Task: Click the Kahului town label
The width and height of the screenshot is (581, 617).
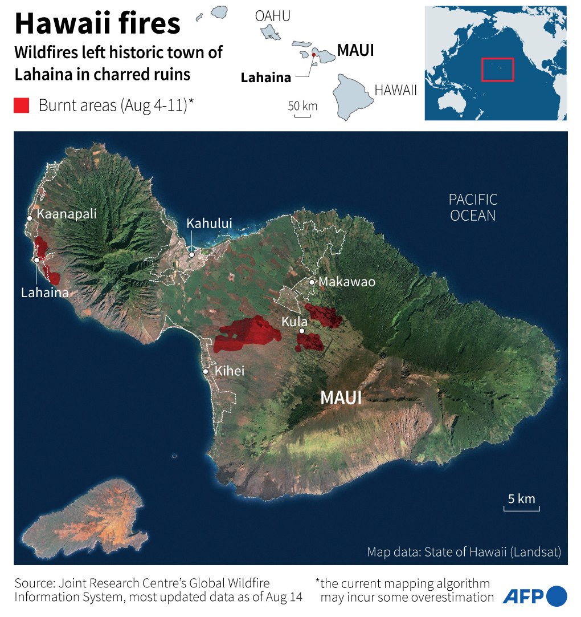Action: point(209,224)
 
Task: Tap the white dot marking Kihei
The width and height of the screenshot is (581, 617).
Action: point(206,372)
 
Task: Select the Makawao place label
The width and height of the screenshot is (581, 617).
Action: point(347,282)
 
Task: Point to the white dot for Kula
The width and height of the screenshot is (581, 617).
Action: point(302,331)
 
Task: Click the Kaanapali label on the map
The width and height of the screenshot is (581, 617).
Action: point(66,214)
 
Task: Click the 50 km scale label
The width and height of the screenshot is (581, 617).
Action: point(302,107)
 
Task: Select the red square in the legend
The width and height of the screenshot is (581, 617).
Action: point(22,105)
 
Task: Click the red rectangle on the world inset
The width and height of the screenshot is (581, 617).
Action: point(497,70)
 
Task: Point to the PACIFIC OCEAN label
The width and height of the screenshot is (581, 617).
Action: point(473,208)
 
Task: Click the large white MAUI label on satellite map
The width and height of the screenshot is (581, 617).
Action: point(341,397)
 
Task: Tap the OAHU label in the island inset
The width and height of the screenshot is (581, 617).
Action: point(272,17)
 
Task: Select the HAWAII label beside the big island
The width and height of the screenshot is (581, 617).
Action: point(395,90)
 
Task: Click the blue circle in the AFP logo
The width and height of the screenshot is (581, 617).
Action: point(557,596)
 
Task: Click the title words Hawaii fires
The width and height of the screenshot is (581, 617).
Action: point(97,25)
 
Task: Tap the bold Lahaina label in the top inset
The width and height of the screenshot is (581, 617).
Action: point(265,78)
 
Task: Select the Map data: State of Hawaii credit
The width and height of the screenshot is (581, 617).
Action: point(464,552)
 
